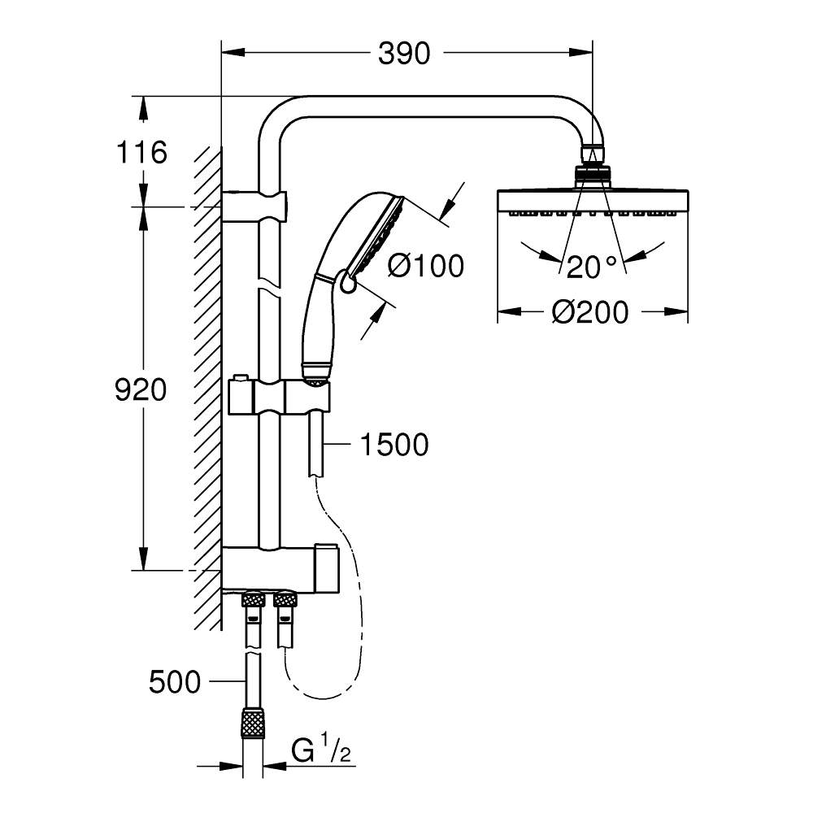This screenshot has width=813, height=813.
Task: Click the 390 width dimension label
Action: pos(404,54)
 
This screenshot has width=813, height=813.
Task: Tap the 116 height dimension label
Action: pos(141,152)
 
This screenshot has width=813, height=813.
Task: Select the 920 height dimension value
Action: pos(141,391)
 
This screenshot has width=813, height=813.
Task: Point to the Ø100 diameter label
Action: pos(425,265)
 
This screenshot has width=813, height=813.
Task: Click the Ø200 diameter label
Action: pos(591,311)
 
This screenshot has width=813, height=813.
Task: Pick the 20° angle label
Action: pos(592,266)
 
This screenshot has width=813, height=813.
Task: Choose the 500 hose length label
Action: pos(174,681)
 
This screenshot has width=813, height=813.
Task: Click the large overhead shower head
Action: pos(593,202)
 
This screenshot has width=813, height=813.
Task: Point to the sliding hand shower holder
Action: pos(280,397)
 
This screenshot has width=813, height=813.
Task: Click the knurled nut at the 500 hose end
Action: pos(253,722)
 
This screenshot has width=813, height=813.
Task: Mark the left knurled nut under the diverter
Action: pos(253,601)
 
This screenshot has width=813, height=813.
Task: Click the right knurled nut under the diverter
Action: pos(285,601)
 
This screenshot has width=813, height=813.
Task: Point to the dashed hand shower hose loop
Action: pos(341,618)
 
